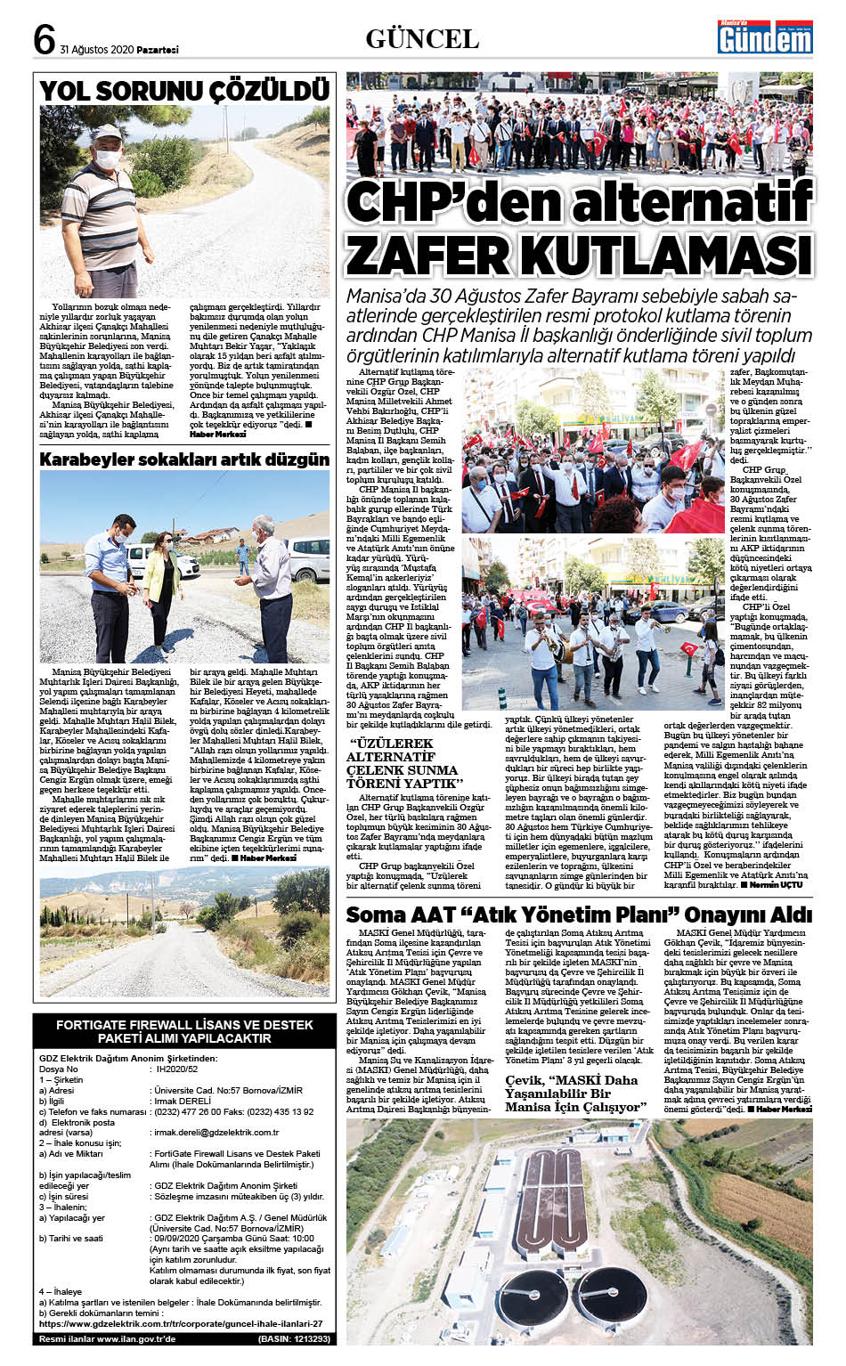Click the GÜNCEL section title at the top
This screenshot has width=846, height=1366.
click(422, 38)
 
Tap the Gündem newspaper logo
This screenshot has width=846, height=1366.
click(765, 39)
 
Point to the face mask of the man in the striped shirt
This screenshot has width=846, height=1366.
click(108, 159)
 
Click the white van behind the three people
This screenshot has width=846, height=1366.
click(307, 557)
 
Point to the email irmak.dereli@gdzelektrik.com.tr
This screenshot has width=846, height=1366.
click(216, 1133)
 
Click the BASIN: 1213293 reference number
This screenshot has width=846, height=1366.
click(294, 1338)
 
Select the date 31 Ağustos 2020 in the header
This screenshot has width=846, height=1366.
click(95, 50)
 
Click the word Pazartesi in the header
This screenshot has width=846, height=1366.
click(156, 50)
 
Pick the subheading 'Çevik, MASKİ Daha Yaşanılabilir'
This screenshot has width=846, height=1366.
click(573, 1094)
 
